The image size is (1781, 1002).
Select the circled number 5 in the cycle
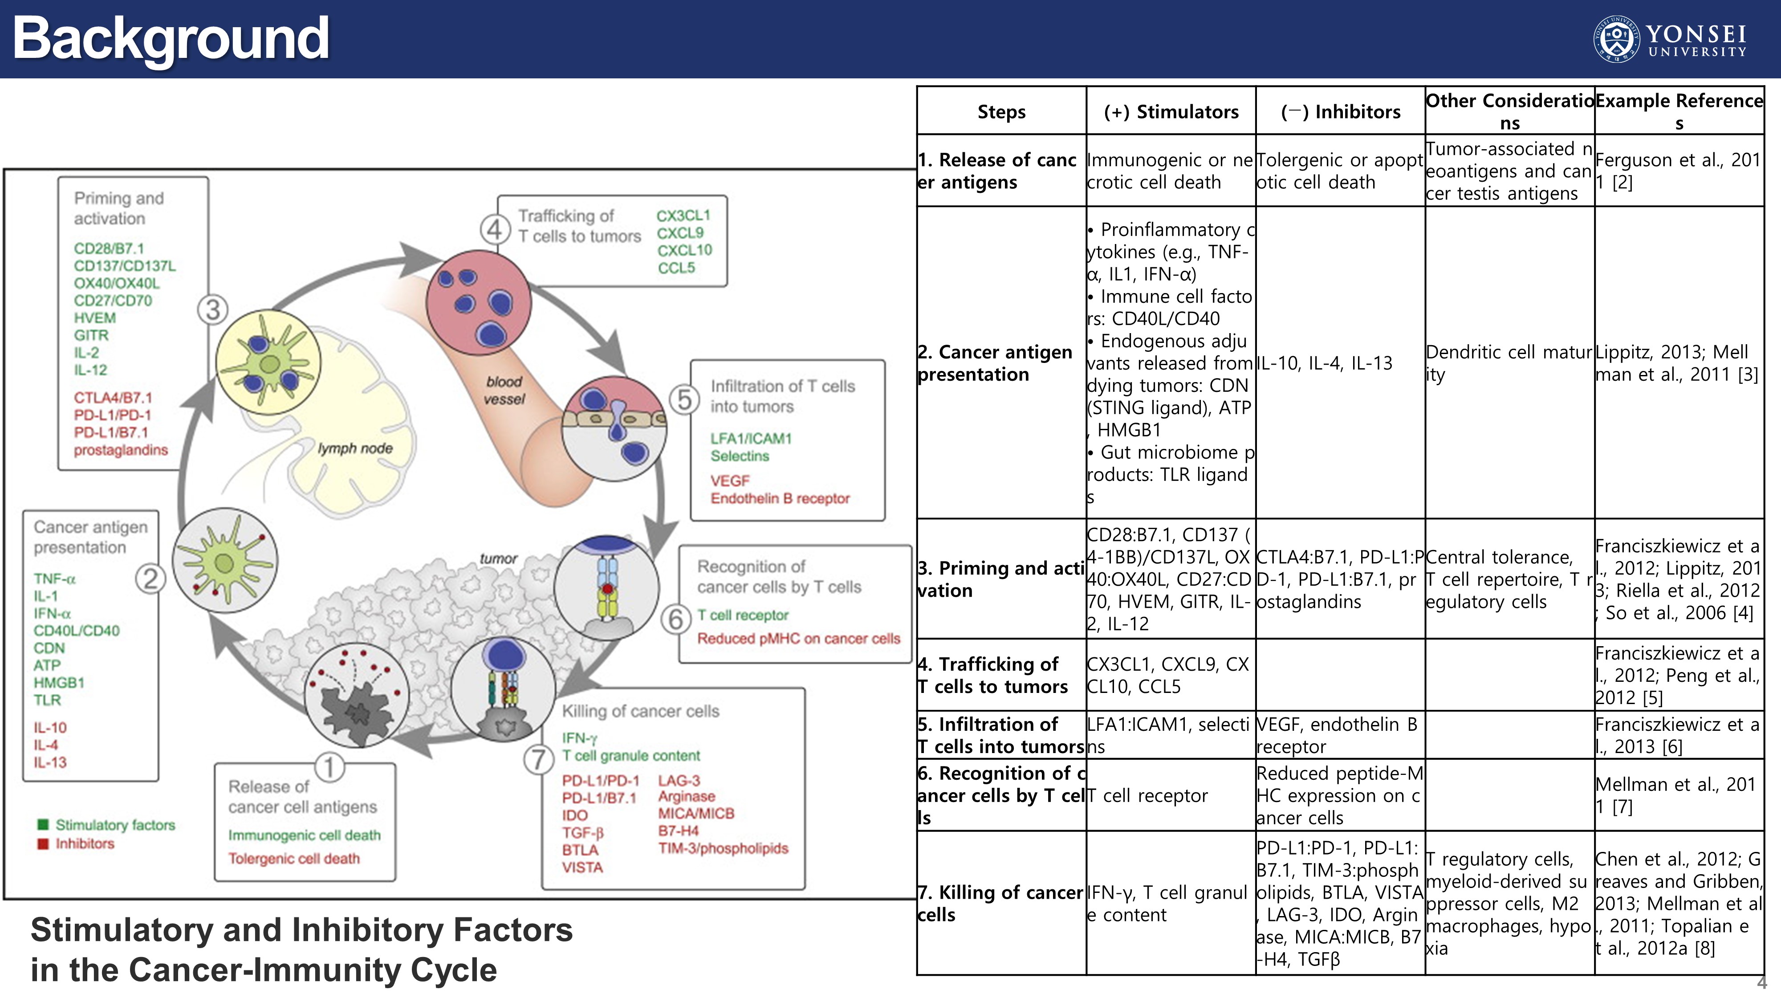tap(684, 399)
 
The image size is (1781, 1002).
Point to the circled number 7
tap(539, 759)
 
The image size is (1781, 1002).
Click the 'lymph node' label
tap(355, 448)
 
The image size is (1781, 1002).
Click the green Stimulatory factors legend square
tap(43, 824)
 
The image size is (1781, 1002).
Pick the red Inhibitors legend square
tap(43, 843)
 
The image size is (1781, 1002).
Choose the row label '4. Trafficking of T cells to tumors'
tap(993, 675)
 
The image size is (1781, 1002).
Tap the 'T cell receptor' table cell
tap(1148, 795)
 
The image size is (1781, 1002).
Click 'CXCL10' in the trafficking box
tap(684, 250)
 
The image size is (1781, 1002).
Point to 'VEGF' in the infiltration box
tap(729, 481)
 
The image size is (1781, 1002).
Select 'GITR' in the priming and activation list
tap(91, 335)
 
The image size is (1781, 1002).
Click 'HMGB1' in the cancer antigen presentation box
tap(59, 683)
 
